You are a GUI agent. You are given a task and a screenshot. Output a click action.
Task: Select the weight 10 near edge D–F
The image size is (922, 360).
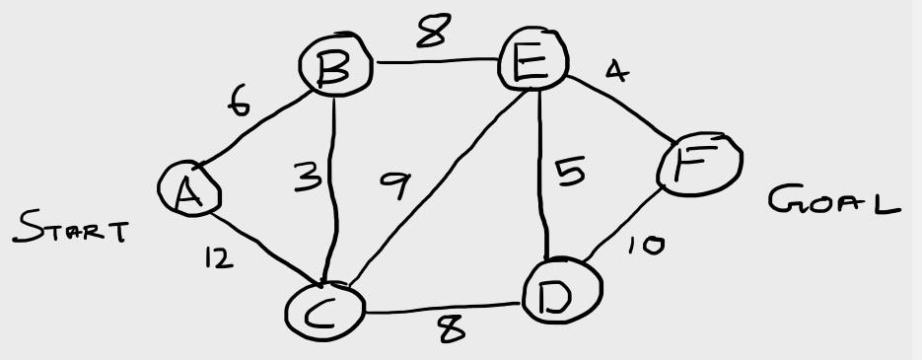click(646, 245)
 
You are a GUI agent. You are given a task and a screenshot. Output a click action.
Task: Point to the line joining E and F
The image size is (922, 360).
click(621, 109)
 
